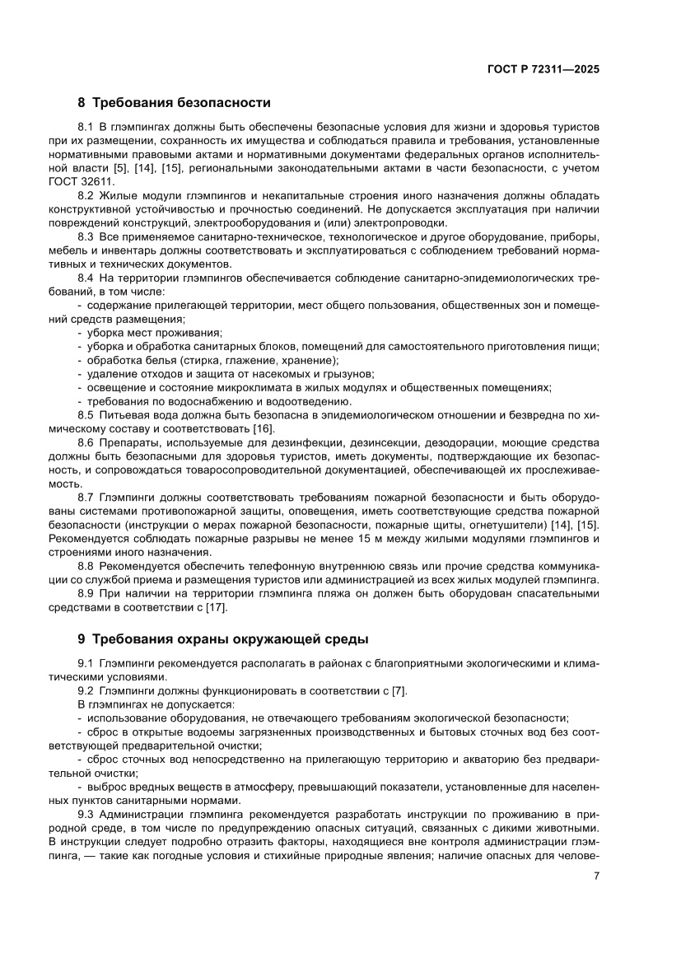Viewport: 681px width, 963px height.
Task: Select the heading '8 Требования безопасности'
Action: (174, 103)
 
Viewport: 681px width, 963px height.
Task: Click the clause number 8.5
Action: (86, 414)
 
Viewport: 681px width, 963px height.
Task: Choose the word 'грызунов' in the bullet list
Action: (349, 373)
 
